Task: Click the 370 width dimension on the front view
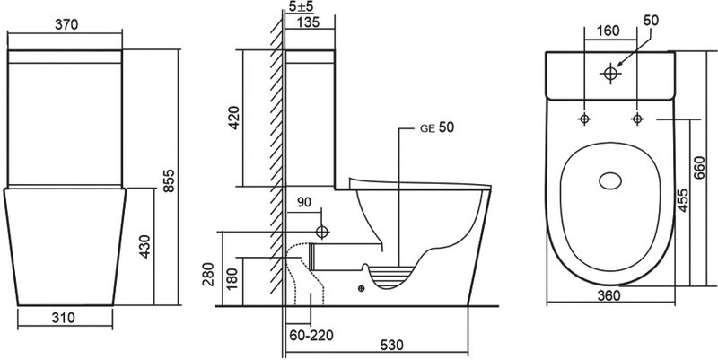point(66,24)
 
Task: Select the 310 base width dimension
point(64,317)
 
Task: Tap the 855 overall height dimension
point(170,180)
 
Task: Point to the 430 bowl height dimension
point(145,246)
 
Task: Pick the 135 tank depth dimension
point(308,22)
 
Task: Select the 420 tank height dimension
point(233,118)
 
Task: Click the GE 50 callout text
point(437,127)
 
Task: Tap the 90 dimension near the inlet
point(304,202)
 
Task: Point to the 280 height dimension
point(209,274)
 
